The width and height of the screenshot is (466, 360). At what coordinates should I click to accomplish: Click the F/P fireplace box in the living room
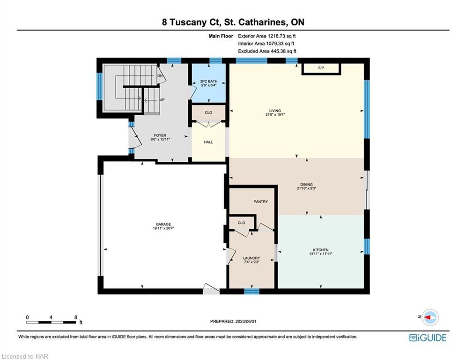(x=321, y=69)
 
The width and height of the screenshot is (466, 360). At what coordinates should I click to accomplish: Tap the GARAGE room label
(x=163, y=225)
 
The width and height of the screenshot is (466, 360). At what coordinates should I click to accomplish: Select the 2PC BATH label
(x=208, y=81)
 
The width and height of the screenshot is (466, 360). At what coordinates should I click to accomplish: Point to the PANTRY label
(x=261, y=202)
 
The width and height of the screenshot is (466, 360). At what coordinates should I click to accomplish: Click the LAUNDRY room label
(x=251, y=258)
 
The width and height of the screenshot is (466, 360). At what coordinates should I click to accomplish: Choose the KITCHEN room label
(x=321, y=250)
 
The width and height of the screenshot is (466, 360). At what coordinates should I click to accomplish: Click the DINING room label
(x=306, y=185)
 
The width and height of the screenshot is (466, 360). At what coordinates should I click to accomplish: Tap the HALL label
(x=208, y=142)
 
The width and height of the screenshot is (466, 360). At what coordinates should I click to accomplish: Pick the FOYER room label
(x=160, y=135)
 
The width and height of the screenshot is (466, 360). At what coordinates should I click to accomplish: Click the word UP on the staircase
(x=162, y=100)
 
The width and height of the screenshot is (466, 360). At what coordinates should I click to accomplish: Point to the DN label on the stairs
(x=160, y=76)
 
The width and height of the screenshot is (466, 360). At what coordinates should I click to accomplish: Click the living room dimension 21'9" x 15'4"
(x=275, y=114)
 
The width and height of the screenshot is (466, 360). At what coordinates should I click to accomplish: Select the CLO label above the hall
(x=208, y=113)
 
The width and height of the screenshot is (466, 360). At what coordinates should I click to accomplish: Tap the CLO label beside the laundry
(x=242, y=223)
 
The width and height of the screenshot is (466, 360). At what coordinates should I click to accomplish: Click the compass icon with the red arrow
(x=430, y=317)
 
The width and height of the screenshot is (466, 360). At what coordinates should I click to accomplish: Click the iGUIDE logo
(x=428, y=337)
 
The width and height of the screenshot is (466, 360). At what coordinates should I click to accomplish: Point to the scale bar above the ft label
(x=51, y=322)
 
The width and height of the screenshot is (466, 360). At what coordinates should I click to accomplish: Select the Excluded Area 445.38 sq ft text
(x=267, y=51)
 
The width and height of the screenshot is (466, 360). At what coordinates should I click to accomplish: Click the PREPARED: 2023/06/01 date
(x=233, y=321)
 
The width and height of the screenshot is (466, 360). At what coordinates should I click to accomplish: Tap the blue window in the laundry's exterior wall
(x=251, y=291)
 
